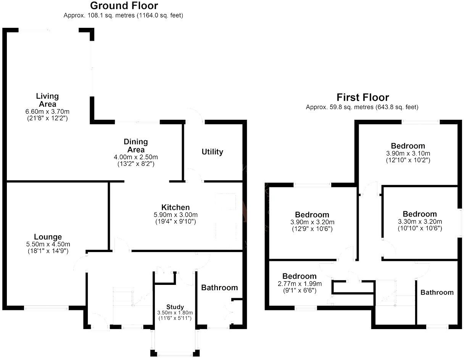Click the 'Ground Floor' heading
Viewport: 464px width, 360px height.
(124, 6)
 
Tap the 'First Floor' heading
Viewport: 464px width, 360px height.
(362, 97)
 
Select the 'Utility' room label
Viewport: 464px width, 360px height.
(212, 152)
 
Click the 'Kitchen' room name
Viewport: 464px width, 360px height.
(176, 207)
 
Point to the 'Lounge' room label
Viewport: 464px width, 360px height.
(48, 237)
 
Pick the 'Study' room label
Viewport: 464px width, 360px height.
(175, 307)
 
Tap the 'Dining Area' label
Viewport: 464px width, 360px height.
(135, 146)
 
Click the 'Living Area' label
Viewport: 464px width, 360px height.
(47, 100)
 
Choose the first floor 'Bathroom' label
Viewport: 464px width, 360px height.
(437, 292)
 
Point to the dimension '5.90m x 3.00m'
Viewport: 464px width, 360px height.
(176, 215)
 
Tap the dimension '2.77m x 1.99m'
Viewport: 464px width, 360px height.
(299, 284)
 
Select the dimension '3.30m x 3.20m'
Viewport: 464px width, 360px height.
(420, 222)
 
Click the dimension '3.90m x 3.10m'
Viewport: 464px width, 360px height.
(408, 153)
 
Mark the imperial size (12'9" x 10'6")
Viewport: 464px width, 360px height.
(312, 229)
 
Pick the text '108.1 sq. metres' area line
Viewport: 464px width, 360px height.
(123, 16)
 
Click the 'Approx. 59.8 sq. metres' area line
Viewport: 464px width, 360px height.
(362, 107)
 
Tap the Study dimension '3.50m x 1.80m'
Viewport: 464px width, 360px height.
(175, 313)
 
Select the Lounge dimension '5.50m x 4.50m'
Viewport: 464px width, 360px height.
(48, 244)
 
